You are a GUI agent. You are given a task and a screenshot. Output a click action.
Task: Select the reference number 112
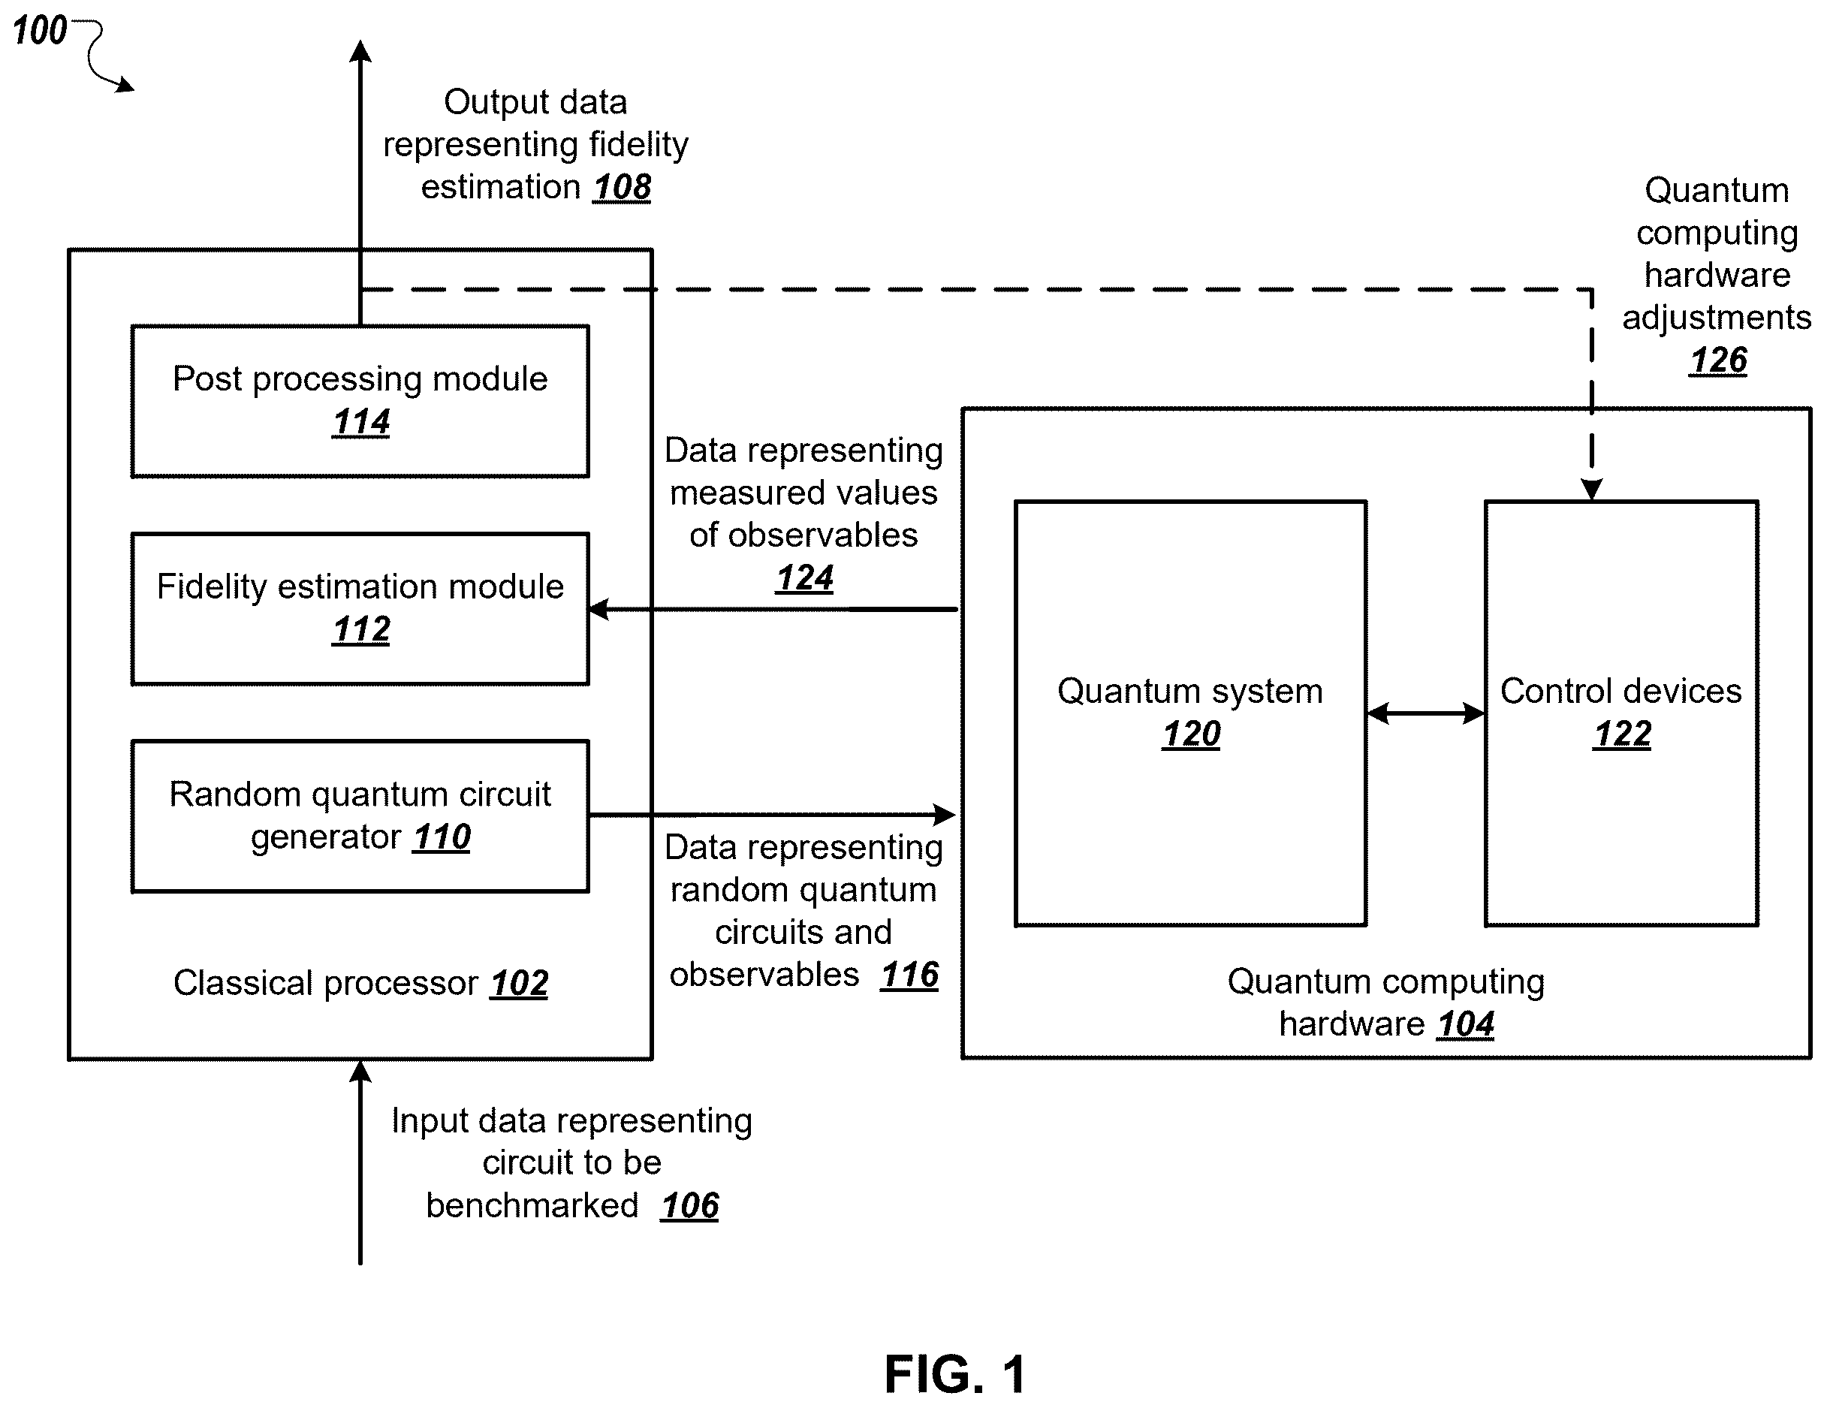[361, 630]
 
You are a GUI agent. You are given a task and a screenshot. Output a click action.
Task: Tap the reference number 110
[442, 837]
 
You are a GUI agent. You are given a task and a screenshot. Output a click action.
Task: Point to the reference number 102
[520, 984]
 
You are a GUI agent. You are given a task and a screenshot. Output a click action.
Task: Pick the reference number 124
[805, 578]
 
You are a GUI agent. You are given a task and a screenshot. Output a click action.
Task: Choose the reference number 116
[909, 975]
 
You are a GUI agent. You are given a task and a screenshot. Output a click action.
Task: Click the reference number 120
[1191, 734]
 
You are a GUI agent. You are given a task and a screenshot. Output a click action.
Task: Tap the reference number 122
[1622, 734]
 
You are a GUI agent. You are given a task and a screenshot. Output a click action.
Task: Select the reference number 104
[1466, 1025]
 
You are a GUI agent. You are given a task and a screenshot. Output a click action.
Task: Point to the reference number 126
[1718, 360]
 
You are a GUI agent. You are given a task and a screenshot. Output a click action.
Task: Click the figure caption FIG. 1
[955, 1374]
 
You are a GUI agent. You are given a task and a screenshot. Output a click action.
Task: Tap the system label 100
[39, 31]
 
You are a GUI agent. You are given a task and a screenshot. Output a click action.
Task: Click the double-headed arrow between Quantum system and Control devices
[1426, 713]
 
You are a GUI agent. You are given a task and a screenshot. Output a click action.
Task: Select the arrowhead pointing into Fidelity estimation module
[599, 610]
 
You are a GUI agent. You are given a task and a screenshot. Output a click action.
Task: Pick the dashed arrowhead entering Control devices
[1592, 490]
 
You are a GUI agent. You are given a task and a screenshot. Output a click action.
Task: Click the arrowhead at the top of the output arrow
[360, 52]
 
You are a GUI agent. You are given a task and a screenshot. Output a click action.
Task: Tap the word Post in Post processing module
[207, 379]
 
